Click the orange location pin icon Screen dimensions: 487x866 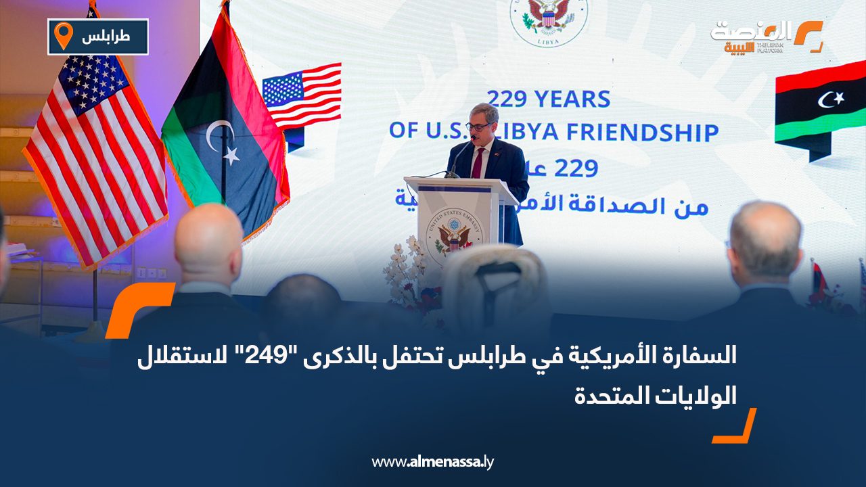click(x=63, y=36)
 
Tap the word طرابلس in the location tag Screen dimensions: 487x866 click(x=106, y=37)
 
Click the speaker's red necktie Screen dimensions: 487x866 click(x=478, y=162)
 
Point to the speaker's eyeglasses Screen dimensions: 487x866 click(x=480, y=126)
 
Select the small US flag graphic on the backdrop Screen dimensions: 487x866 click(x=302, y=95)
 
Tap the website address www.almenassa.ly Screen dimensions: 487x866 click(x=433, y=462)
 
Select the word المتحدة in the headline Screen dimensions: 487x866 click(x=606, y=395)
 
